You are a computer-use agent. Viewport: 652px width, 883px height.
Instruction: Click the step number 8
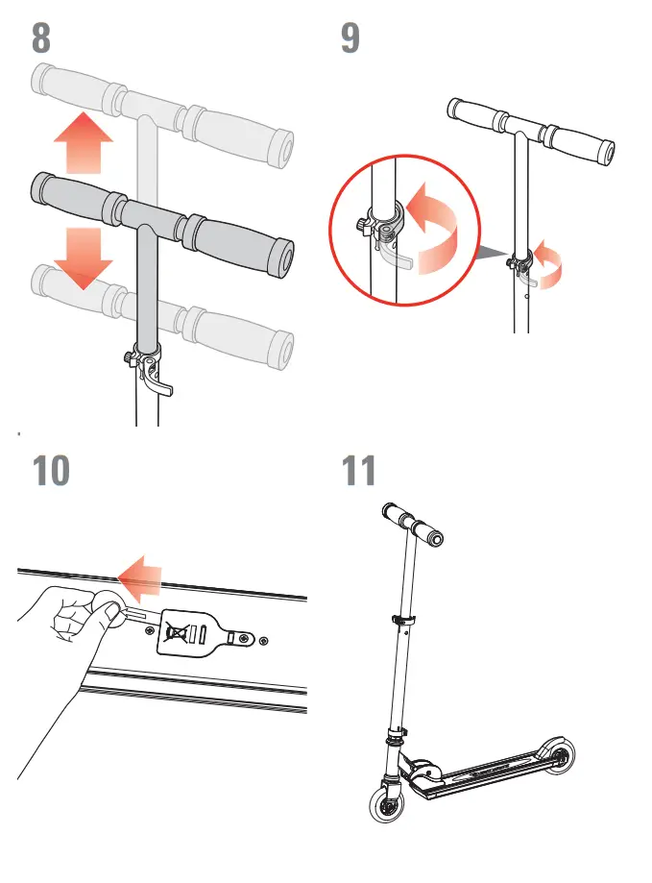point(41,37)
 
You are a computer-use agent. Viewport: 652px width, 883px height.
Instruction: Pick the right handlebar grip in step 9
point(581,142)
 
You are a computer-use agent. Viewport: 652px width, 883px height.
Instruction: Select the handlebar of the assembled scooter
point(415,524)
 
